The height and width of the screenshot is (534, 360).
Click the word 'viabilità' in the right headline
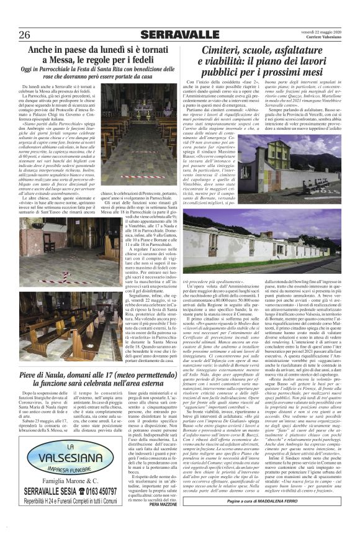pos(233,64)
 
